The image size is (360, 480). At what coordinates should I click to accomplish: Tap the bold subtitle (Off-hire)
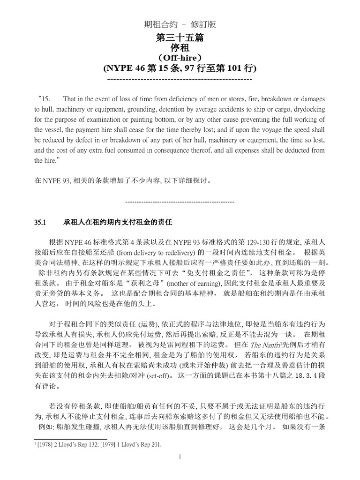pos(180,58)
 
